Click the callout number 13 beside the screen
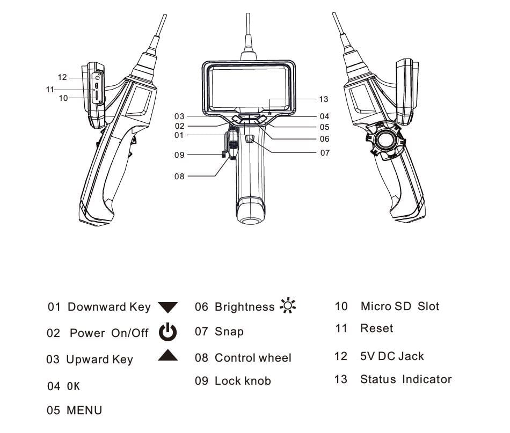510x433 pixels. (323, 99)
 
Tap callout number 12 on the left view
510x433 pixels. (63, 78)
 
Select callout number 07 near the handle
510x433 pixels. (325, 153)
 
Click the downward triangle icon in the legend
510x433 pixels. (167, 307)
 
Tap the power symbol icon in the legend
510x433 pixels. (167, 332)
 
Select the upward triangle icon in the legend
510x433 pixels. (167, 355)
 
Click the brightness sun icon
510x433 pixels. (288, 306)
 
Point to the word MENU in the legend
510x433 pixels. (84, 410)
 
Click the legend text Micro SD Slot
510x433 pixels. (399, 306)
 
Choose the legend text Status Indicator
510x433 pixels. (406, 379)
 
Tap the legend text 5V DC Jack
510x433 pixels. (392, 356)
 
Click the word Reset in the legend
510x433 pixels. (376, 328)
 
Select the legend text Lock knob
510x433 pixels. (243, 381)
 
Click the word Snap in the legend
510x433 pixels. (229, 332)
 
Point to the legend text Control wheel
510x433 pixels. (253, 358)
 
